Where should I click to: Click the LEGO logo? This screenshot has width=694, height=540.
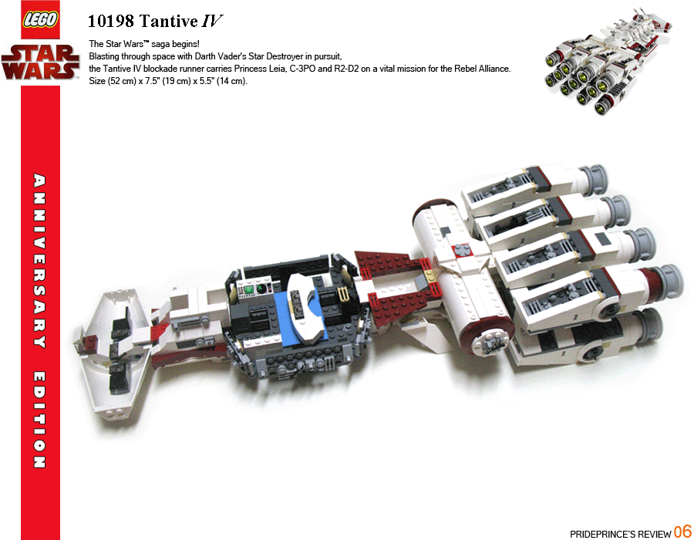click(40, 20)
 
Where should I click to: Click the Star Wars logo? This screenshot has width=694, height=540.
click(40, 62)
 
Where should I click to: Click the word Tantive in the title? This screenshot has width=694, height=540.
click(168, 21)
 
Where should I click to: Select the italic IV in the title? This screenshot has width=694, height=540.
click(211, 21)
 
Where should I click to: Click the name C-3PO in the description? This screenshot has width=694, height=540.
click(302, 69)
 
